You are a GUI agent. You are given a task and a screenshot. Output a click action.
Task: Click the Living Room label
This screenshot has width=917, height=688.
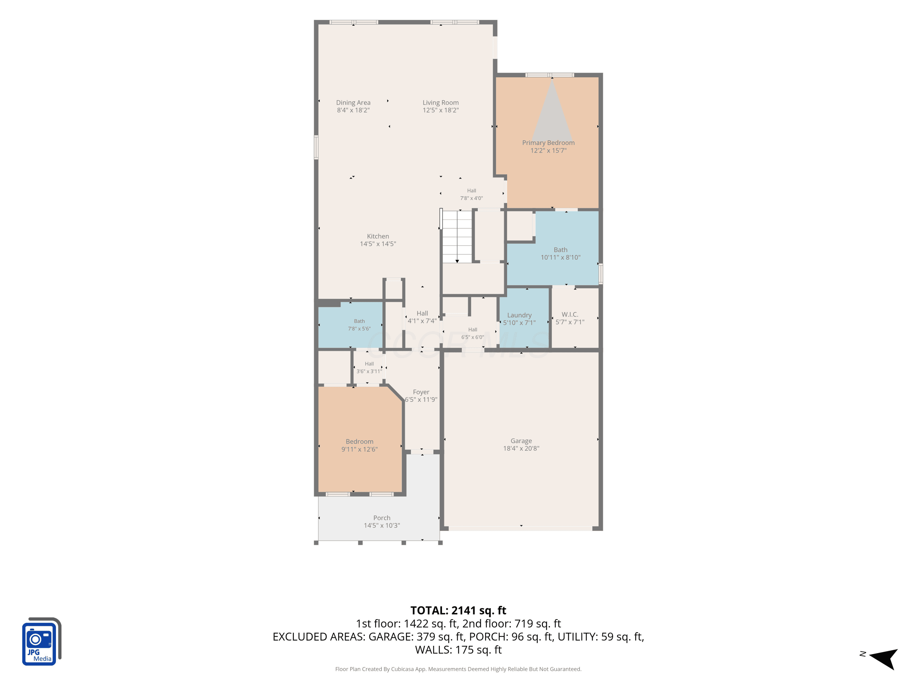click(441, 102)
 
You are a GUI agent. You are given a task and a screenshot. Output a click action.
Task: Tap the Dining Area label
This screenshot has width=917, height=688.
click(353, 102)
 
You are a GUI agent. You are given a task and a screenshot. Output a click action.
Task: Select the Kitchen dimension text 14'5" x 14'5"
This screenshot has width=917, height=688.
click(378, 244)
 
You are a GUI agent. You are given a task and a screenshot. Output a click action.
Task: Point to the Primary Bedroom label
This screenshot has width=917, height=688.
click(548, 143)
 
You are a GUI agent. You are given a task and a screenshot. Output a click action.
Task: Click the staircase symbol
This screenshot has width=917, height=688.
click(457, 236)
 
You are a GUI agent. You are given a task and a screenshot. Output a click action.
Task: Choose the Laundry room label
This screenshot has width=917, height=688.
click(519, 315)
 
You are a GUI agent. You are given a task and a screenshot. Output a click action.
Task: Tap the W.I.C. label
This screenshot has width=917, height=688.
click(570, 314)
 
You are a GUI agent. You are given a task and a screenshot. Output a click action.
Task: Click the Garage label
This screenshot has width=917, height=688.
click(521, 441)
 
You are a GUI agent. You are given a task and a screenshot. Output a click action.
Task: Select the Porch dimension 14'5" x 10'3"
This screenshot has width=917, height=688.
click(382, 525)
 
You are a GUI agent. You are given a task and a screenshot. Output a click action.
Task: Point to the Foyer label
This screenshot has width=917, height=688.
click(421, 392)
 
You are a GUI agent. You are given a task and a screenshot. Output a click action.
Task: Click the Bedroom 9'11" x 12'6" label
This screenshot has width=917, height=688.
click(359, 446)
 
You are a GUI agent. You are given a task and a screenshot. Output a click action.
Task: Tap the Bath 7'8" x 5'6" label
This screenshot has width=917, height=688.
click(359, 325)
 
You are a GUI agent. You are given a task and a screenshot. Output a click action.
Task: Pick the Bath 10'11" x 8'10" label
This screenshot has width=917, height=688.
click(561, 253)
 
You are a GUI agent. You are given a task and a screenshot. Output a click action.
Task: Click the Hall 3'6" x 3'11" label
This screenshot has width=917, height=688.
click(369, 368)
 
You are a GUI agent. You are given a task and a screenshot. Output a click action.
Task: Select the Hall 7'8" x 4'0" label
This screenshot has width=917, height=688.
click(471, 194)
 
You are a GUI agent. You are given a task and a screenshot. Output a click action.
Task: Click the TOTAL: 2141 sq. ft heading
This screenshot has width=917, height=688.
click(458, 610)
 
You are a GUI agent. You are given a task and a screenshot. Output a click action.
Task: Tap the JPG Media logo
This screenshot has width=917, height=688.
click(42, 641)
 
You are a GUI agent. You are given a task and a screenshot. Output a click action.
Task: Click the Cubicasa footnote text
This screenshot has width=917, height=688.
click(458, 669)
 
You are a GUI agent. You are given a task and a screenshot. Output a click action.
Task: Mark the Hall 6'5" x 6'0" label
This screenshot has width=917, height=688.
click(473, 333)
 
